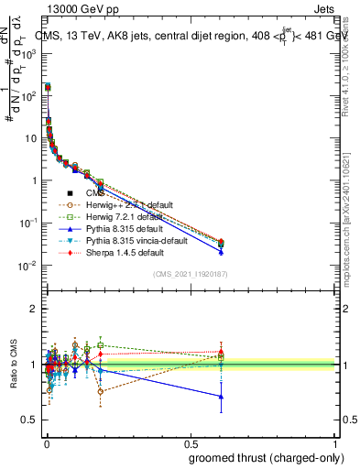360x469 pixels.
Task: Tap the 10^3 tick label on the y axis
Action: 28,54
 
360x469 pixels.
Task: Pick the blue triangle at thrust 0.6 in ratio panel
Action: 221,397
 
